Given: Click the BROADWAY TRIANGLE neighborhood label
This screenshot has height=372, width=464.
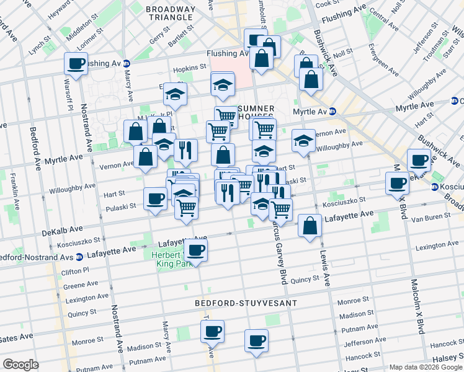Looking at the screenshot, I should click(170, 14).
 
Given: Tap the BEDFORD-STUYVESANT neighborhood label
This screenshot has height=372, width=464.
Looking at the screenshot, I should click(246, 303).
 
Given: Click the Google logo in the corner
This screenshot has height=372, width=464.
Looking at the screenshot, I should click(20, 365).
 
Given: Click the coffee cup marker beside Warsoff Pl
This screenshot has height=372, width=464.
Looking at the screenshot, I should click(76, 63).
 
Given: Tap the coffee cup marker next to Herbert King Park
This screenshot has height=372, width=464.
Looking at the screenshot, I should click(196, 250).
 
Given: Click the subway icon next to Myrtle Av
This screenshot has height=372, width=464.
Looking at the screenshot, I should click(332, 112).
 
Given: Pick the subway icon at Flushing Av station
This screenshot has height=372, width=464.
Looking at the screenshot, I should click(127, 63).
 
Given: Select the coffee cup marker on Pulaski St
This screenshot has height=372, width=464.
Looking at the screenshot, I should click(155, 198).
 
